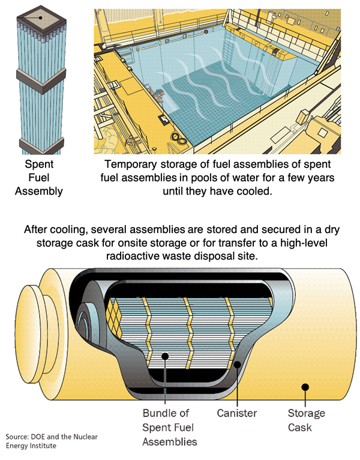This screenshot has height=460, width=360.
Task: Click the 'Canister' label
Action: click(x=237, y=414)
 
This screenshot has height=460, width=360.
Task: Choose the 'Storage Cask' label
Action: click(x=306, y=420)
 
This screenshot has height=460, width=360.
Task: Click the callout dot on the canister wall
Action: click(x=238, y=363)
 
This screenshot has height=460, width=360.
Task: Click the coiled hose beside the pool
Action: click(x=175, y=138)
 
